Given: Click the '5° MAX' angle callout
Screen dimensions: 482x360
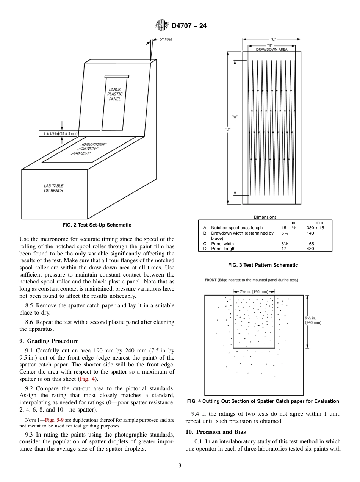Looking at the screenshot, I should click(166, 39).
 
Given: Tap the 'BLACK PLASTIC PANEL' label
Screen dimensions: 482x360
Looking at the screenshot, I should click(115, 94).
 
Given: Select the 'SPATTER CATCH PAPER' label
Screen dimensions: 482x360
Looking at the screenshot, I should click(89, 149).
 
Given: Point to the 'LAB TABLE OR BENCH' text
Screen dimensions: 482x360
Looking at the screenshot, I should click(53, 188).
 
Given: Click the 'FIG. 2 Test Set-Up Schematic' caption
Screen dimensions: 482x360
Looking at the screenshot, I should click(97, 225).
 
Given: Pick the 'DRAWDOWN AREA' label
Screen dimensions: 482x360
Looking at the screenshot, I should click(271, 49).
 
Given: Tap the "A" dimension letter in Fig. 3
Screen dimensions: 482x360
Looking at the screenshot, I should click(235, 117).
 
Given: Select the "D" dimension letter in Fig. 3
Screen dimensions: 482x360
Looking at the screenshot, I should click(227, 129).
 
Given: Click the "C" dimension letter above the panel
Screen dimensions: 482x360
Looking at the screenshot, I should click(273, 39).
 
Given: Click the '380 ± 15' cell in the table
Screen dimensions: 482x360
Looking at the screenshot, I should click(315, 228).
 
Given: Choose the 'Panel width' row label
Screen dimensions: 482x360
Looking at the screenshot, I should click(222, 244).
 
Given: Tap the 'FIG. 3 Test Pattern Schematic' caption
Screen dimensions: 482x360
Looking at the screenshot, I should click(265, 265).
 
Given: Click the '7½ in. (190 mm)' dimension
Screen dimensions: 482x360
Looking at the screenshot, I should click(254, 291).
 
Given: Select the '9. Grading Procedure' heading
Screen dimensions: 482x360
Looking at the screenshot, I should click(49, 341).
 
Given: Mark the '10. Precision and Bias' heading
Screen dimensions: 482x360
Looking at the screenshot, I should click(215, 432).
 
